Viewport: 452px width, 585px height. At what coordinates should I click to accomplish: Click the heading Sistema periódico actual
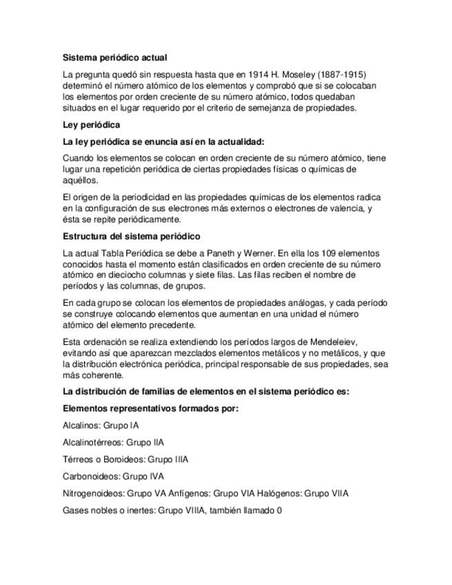click(115, 58)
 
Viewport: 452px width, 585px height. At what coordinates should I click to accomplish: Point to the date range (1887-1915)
click(351, 74)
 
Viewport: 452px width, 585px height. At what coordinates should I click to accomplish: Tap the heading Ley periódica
click(91, 125)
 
